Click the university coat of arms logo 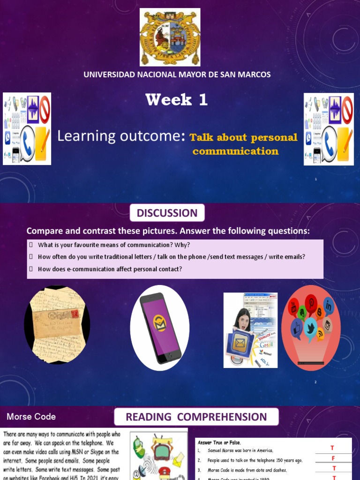pos(170,37)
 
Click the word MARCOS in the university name pos(253,75)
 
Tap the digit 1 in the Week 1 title pos(202,100)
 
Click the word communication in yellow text pos(235,151)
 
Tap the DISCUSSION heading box pos(167,213)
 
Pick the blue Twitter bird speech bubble pos(310,327)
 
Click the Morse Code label pos(31,417)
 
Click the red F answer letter pos(334,458)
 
